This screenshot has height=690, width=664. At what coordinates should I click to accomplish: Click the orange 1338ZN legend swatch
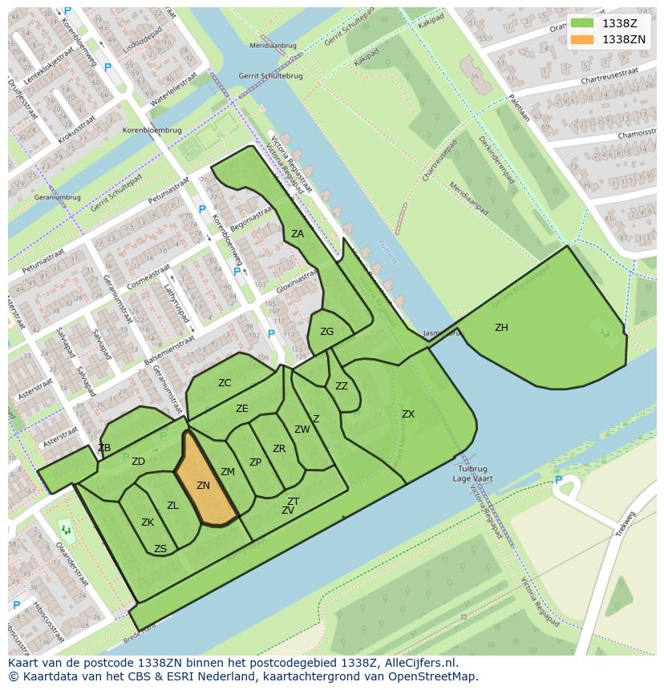click(x=582, y=39)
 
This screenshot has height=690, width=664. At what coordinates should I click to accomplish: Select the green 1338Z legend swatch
click(x=582, y=23)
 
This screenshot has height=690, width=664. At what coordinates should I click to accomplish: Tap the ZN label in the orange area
click(x=203, y=486)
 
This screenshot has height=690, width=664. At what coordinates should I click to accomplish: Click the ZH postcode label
click(x=501, y=328)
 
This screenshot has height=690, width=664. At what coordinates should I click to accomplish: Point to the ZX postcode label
click(x=408, y=414)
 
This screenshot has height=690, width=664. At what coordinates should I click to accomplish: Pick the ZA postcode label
click(x=298, y=234)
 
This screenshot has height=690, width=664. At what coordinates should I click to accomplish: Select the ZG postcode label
click(x=326, y=332)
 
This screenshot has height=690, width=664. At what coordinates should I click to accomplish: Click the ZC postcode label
click(x=225, y=383)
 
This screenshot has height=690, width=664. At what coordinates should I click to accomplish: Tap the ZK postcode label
click(x=148, y=523)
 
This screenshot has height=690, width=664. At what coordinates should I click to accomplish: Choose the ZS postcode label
click(x=160, y=549)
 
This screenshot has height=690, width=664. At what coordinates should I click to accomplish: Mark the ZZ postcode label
click(x=342, y=386)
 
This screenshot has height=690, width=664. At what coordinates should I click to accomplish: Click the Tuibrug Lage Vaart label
click(x=473, y=474)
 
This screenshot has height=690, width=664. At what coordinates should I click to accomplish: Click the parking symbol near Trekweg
click(x=559, y=481)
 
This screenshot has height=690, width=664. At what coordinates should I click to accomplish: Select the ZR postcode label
click(x=279, y=449)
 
